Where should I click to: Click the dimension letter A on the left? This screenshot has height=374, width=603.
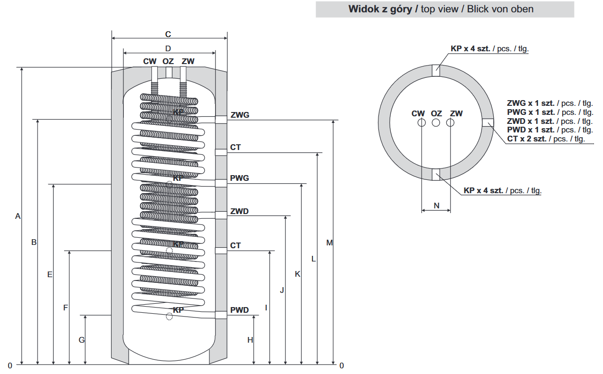coord(18,216)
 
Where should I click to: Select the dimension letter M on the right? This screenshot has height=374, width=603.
coord(330,243)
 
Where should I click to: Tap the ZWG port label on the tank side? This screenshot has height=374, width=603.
coord(240,115)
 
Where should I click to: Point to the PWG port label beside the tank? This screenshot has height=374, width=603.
coord(240,178)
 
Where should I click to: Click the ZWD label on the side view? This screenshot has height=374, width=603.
coord(239,211)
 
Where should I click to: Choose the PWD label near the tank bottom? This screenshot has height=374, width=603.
coord(239,310)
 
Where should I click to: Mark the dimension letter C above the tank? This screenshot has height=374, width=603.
coord(168,34)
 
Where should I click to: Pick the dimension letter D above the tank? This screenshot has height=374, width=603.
coord(168,48)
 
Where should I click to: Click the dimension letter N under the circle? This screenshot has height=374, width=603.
coord(436,206)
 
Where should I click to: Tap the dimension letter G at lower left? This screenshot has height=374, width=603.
coord(82,340)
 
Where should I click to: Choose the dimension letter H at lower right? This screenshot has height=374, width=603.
coord(250,340)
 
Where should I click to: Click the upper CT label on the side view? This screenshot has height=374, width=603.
coord(236,148)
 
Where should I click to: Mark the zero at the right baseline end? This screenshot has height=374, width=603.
coord(341,365)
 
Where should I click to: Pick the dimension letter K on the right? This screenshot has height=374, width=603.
coord(298,274)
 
